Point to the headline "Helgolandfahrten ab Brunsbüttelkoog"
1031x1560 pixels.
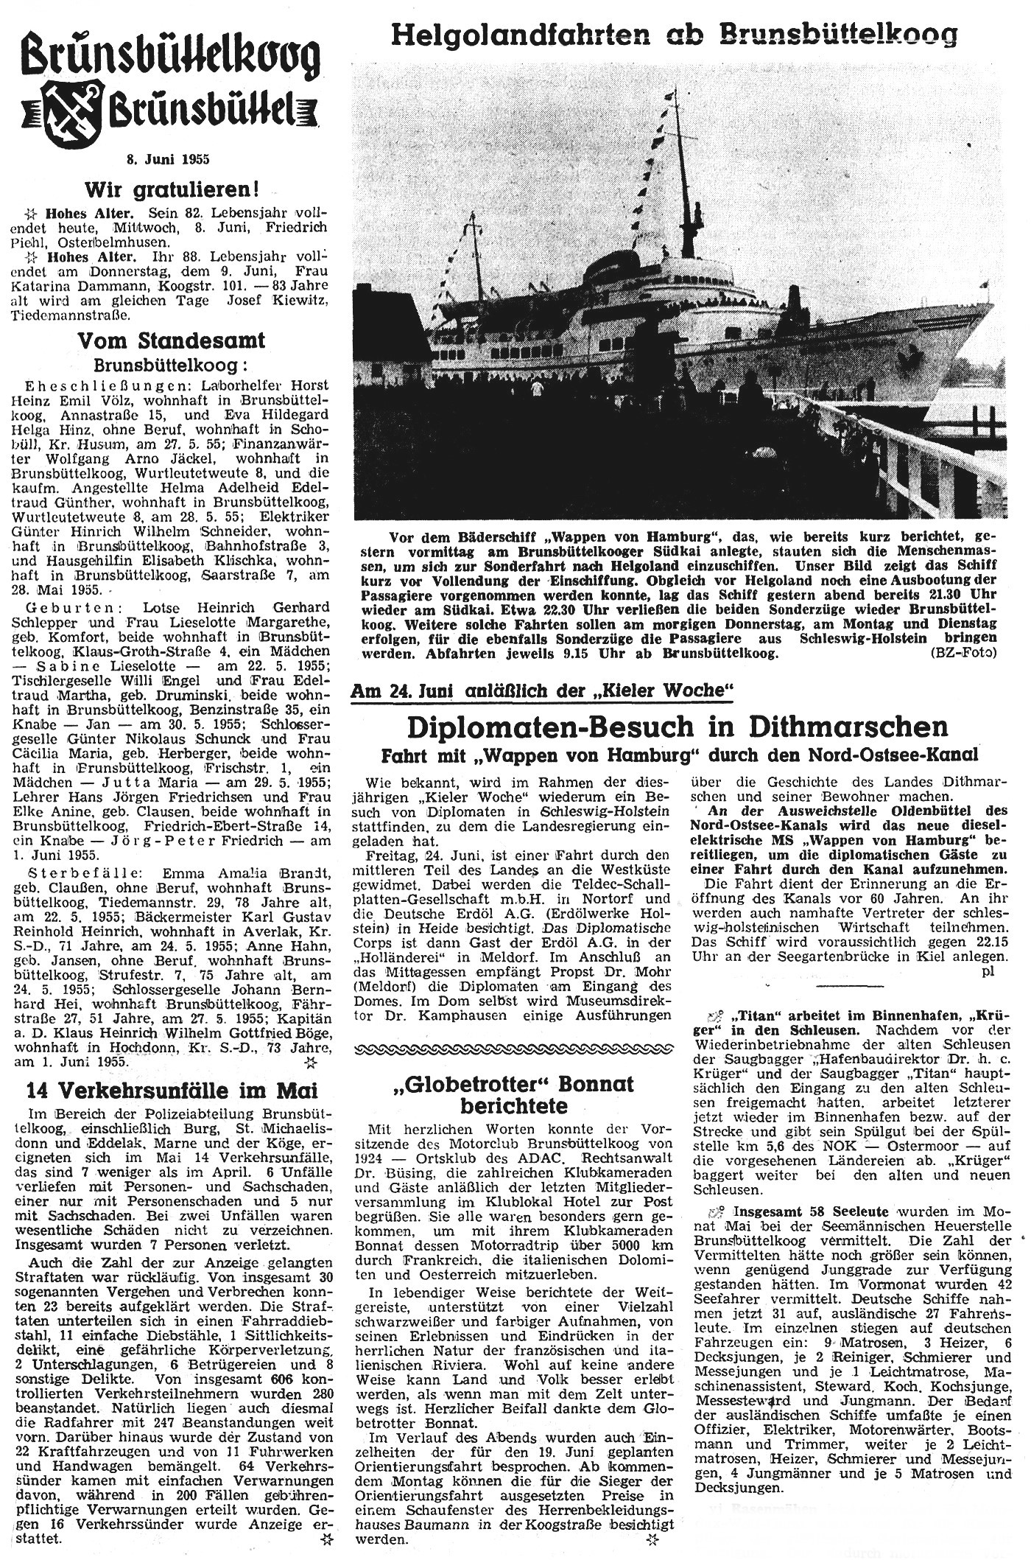[674, 33]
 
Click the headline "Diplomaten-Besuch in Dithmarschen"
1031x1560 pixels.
[677, 727]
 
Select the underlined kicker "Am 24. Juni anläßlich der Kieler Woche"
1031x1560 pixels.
[544, 690]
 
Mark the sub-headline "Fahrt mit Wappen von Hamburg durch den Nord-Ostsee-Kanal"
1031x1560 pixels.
[678, 755]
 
